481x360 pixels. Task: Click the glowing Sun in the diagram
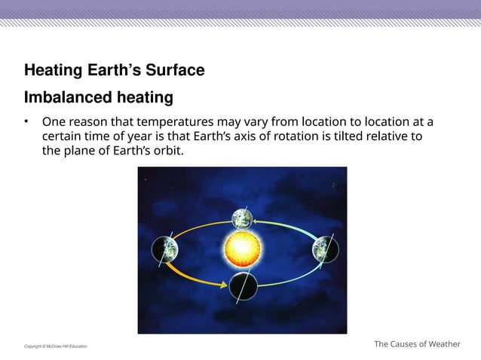[x=242, y=247]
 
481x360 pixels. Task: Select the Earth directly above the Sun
[x=242, y=218]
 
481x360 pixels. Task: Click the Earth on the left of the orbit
[x=165, y=249]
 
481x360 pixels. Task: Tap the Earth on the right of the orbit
[x=325, y=249]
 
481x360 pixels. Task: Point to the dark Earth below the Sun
[x=243, y=286]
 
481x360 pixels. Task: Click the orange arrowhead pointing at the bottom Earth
[x=223, y=284]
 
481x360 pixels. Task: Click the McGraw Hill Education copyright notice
[x=55, y=346]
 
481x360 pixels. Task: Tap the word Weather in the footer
[x=444, y=344]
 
